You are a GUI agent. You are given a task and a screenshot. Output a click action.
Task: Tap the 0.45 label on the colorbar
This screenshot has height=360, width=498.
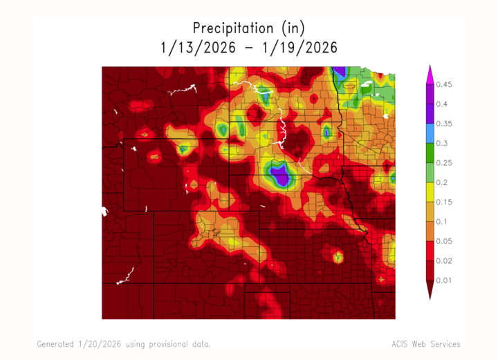(x=443, y=85)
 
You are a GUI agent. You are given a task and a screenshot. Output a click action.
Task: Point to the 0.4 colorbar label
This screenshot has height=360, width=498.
(x=441, y=104)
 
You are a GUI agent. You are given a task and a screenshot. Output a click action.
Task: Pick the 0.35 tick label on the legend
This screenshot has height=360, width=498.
(x=443, y=124)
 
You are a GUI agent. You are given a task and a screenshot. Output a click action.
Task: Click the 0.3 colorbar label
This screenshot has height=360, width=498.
(x=441, y=143)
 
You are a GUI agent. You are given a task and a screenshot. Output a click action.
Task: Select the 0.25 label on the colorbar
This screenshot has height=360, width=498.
(x=443, y=162)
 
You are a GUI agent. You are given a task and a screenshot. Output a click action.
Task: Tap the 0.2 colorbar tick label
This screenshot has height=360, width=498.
(x=441, y=182)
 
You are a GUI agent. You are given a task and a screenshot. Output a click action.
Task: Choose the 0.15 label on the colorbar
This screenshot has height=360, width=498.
(x=443, y=202)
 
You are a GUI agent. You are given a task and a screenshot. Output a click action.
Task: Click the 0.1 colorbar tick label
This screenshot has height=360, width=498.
(x=441, y=221)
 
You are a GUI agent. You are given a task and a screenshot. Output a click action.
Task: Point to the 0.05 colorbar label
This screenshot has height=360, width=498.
(x=443, y=240)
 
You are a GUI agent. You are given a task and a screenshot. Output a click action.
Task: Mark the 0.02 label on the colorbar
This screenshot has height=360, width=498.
(x=443, y=260)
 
